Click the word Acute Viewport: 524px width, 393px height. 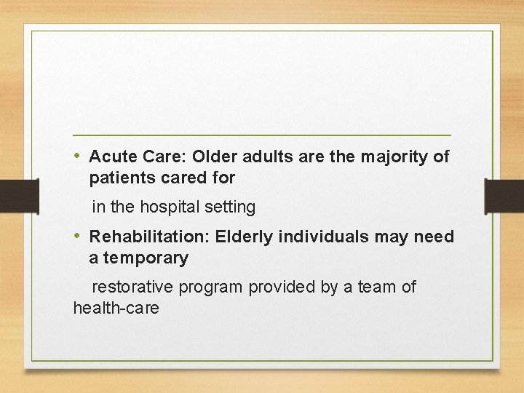(111, 156)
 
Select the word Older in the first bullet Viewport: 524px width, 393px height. (216, 156)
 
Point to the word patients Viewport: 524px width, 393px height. (120, 177)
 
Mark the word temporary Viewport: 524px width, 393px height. (146, 258)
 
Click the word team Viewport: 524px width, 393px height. (376, 287)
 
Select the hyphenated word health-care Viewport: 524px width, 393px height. (116, 308)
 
